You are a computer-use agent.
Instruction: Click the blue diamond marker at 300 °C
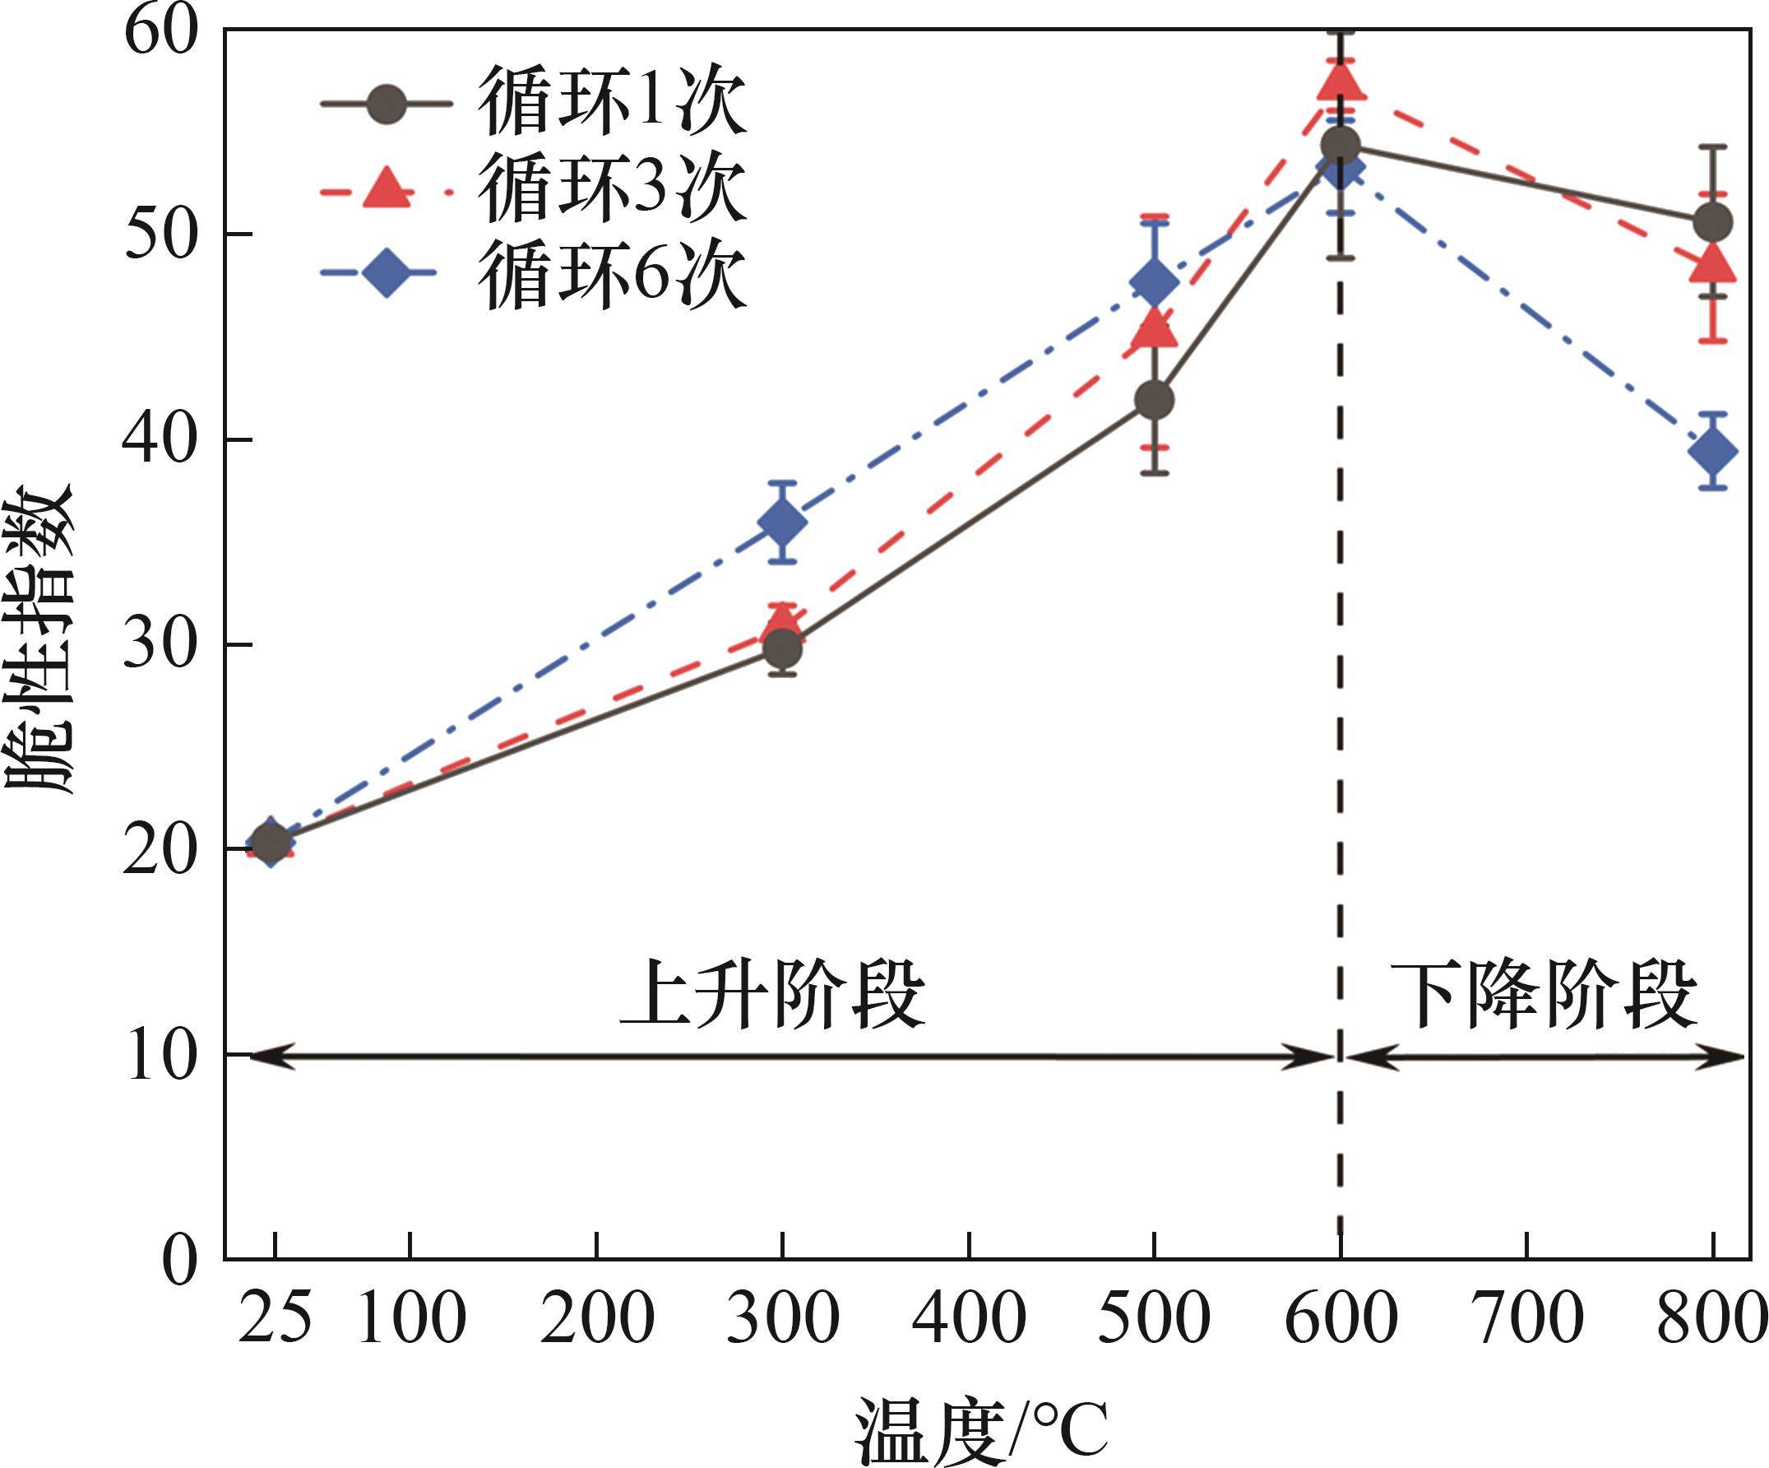[783, 523]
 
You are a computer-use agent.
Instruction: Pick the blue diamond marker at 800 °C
[1712, 452]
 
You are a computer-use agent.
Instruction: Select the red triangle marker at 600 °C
[1341, 81]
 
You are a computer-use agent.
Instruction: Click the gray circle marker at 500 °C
[1154, 399]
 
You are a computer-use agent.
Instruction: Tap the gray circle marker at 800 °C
[1712, 222]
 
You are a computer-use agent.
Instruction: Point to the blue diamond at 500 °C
[1154, 281]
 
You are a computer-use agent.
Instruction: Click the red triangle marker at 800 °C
[1712, 265]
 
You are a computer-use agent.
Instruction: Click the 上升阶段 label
[772, 994]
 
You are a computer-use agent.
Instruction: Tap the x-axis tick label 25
[274, 1319]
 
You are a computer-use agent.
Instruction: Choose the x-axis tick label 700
[1526, 1319]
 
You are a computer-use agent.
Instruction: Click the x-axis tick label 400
[969, 1319]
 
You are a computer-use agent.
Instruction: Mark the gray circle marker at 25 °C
[271, 842]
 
